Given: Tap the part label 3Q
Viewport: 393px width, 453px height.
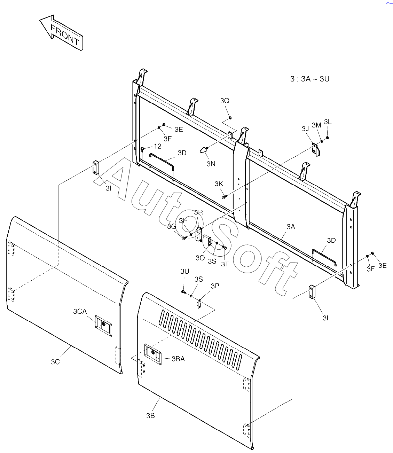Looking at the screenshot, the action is point(225,101).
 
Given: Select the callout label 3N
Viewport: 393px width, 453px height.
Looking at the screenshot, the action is point(211,164).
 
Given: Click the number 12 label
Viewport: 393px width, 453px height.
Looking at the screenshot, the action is point(157,146).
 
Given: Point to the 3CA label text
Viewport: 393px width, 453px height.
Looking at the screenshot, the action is point(80,311).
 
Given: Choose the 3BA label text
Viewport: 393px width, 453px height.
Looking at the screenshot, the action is point(178,359).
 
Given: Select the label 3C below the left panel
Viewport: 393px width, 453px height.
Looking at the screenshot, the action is point(55,362).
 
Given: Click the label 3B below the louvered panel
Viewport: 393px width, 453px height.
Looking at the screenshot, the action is point(150,415).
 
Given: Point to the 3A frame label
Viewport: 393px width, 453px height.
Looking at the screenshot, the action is point(291,227).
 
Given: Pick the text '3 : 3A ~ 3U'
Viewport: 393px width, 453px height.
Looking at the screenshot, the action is point(309,79).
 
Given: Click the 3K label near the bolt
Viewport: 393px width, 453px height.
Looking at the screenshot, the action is point(219,183).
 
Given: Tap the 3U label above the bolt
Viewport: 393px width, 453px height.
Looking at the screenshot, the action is point(184,271).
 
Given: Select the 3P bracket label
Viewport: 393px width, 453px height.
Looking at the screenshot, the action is point(215,286).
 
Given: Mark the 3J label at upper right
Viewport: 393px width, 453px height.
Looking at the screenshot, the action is point(305,128).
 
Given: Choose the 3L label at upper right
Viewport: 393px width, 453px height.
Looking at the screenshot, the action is point(328,122).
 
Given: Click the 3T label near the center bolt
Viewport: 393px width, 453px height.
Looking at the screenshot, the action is point(225,264).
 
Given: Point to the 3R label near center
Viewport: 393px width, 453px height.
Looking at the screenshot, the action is point(198,212).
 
